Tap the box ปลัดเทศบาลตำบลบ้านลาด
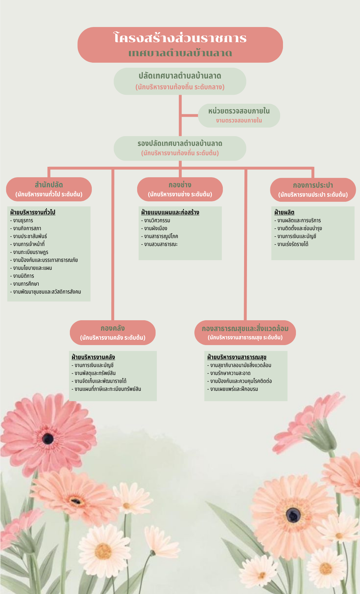point(180,81)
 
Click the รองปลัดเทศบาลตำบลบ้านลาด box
point(180,148)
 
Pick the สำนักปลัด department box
point(49,189)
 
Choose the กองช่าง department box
point(180,189)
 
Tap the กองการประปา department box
point(313,189)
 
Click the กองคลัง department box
point(113,332)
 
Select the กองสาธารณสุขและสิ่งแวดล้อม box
point(245,332)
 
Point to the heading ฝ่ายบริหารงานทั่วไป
point(33,212)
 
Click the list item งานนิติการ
point(23,276)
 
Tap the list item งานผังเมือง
point(156,228)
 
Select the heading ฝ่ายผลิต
point(284,212)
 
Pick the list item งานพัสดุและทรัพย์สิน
point(95,373)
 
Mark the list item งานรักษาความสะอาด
point(230,373)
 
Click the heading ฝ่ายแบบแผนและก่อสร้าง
point(170,212)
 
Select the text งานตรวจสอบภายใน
point(239,120)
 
